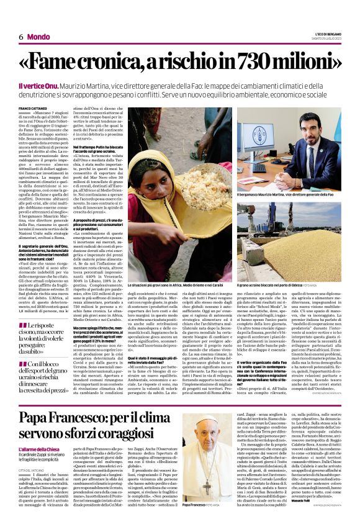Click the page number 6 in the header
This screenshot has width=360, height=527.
[20, 37]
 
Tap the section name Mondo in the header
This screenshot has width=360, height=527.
[38, 37]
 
